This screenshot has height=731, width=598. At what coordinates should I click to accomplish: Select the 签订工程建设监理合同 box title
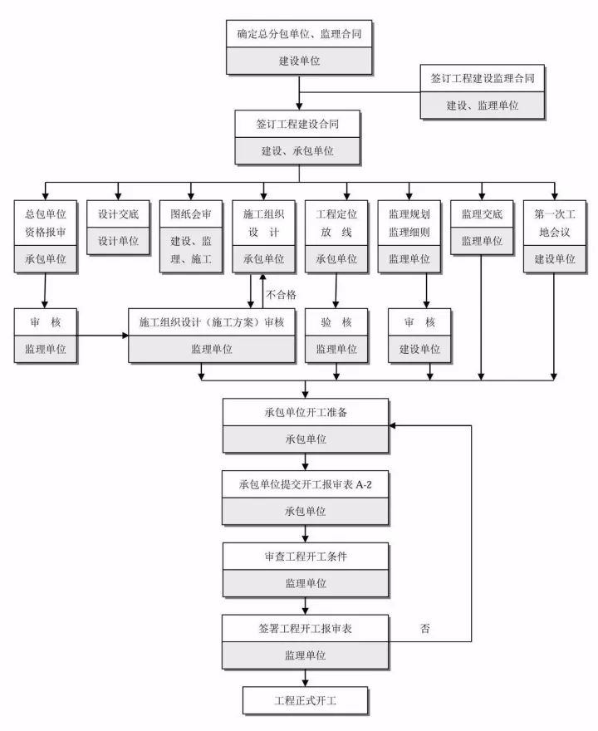(483, 79)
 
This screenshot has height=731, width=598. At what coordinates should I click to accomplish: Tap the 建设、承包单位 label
(298, 150)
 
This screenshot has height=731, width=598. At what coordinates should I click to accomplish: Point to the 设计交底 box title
(118, 213)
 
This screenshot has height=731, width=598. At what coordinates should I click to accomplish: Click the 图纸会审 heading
(191, 213)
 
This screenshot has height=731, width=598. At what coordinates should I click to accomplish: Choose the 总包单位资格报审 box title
(46, 223)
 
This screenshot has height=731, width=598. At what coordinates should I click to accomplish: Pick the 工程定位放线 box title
(336, 223)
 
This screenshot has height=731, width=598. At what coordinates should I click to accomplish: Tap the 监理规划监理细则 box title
(409, 223)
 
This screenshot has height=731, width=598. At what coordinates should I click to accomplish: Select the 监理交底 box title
(482, 213)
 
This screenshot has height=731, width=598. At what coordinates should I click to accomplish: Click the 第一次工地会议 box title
(554, 223)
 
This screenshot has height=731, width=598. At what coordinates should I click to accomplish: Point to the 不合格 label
(281, 294)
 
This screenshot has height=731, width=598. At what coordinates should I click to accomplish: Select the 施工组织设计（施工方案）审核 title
(212, 322)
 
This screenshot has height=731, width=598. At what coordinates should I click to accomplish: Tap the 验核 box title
(336, 322)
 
